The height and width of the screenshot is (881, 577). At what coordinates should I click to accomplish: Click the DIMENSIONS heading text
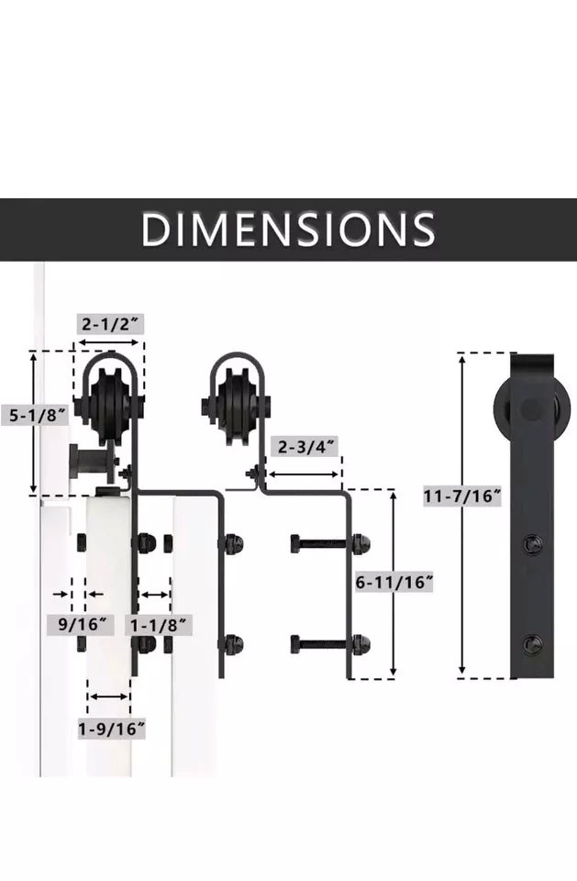pyautogui.click(x=288, y=229)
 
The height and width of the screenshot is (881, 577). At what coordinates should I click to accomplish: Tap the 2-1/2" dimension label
pyautogui.click(x=110, y=324)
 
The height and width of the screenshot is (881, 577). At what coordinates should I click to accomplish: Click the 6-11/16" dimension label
pyautogui.click(x=394, y=582)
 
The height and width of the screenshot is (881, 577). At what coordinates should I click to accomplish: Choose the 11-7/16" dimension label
pyautogui.click(x=461, y=496)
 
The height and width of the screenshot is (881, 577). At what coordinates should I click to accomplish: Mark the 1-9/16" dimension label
pyautogui.click(x=111, y=730)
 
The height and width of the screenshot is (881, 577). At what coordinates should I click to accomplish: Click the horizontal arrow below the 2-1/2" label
pyautogui.click(x=108, y=342)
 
